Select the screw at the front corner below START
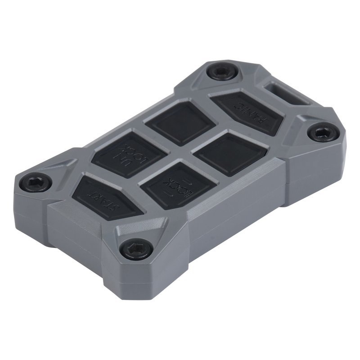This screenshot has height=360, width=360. click(135, 247)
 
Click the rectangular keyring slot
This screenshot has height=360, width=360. click(286, 92)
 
